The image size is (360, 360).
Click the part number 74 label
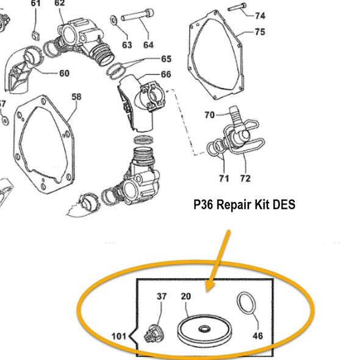pyautogui.click(x=261, y=15)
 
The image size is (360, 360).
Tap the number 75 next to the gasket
pyautogui.click(x=260, y=32)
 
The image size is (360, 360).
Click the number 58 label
pyautogui.click(x=76, y=97)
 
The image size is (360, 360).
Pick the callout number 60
pyautogui.click(x=64, y=74)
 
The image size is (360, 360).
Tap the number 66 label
pyautogui.click(x=165, y=74)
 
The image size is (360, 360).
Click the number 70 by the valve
pyautogui.click(x=209, y=115)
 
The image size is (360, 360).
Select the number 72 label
pyautogui.click(x=245, y=179)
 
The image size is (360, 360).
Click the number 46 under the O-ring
pyautogui.click(x=259, y=336)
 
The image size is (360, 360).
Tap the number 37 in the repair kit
pyautogui.click(x=162, y=296)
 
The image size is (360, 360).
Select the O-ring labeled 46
pyautogui.click(x=245, y=304)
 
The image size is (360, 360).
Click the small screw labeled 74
pyautogui.click(x=237, y=8)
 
